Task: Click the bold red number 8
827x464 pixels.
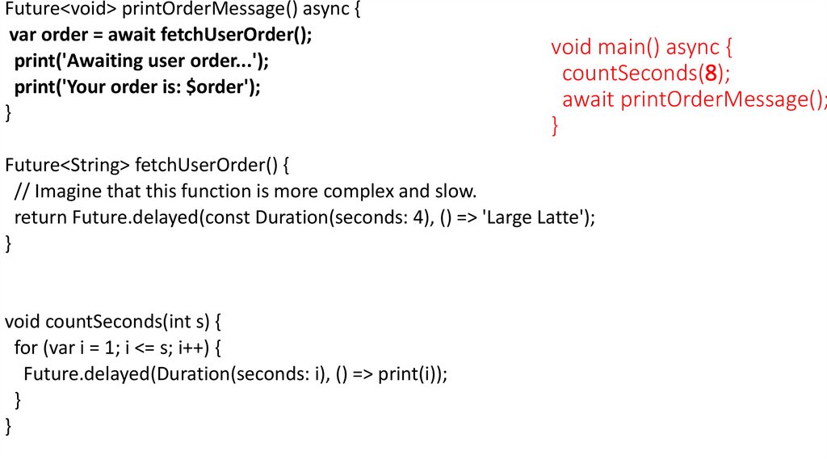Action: pos(712,74)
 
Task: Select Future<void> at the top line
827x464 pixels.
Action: pos(61,11)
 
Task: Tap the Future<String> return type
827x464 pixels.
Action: pos(67,166)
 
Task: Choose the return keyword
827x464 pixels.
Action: pos(40,217)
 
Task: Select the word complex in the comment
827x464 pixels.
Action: pos(356,192)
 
